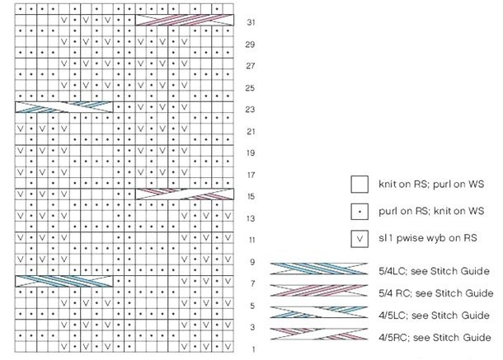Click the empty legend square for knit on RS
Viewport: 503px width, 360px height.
pos(360,184)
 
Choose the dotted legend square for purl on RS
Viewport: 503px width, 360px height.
pos(360,212)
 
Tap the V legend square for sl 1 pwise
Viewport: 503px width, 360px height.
pos(360,240)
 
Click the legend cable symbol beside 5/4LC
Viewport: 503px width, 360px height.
pos(319,270)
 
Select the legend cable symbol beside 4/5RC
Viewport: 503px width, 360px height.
pos(319,336)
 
